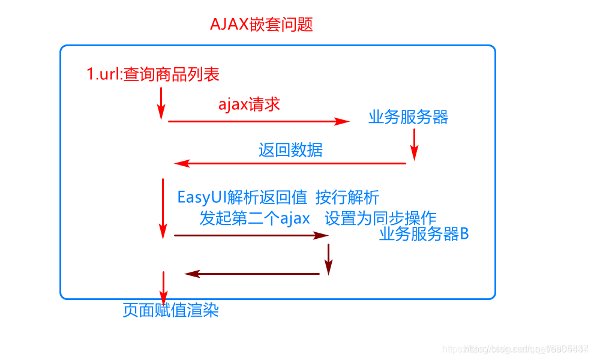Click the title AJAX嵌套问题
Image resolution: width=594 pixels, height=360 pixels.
[262, 25]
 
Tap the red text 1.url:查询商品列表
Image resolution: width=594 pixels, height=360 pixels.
[154, 74]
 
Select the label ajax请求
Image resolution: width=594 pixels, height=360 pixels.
[249, 104]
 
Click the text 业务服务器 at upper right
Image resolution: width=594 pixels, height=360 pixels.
[408, 117]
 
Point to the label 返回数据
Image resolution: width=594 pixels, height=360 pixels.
[290, 149]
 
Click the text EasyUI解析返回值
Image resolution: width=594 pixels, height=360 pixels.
[242, 197]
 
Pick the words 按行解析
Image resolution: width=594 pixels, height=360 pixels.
[347, 197]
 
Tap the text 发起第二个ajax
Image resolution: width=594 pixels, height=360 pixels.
[255, 218]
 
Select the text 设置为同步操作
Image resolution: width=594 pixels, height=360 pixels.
[380, 218]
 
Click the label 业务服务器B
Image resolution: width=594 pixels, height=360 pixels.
[424, 234]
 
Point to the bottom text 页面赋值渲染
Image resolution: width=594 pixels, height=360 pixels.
[171, 310]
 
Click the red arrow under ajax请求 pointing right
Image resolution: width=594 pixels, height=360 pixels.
[258, 121]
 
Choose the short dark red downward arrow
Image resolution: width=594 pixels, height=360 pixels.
[328, 259]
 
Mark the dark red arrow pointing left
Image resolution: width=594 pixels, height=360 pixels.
[252, 274]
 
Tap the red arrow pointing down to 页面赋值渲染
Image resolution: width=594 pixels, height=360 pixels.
[163, 287]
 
